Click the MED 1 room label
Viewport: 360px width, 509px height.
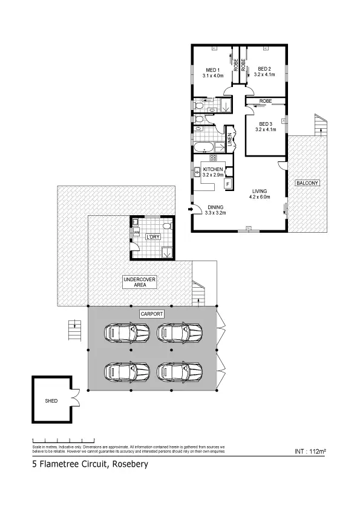[213, 68]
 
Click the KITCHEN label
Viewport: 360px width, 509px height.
[213, 169]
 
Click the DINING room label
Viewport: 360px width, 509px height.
[215, 206]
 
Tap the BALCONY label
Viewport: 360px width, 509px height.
[307, 183]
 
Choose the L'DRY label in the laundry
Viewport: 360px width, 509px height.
[152, 237]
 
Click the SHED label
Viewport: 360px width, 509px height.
[51, 401]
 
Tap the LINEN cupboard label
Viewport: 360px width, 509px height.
[230, 140]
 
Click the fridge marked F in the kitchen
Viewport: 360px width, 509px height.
[228, 183]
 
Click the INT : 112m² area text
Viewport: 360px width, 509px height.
[310, 451]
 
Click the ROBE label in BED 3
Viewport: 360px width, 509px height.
[264, 100]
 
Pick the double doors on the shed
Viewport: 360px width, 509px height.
[76, 396]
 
